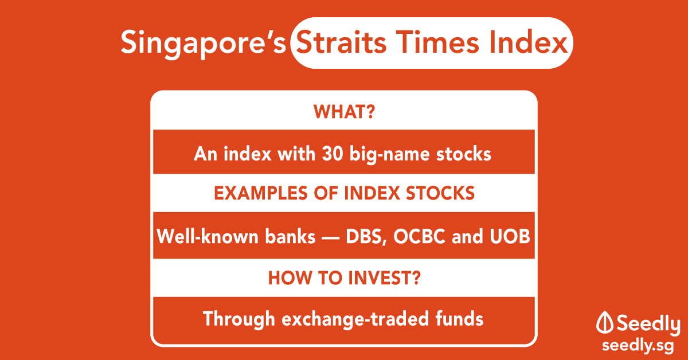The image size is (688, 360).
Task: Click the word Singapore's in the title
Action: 203,43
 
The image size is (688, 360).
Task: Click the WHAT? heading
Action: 345,112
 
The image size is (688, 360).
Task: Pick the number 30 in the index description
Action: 333,153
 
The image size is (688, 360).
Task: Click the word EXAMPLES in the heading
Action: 260,193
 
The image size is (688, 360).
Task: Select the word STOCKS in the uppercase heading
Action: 440,193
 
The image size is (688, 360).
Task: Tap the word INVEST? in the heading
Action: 384,278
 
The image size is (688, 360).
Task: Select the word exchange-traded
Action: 355,319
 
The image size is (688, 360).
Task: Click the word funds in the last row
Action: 459,318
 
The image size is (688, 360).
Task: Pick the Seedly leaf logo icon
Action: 605,322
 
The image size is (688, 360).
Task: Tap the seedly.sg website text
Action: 638,346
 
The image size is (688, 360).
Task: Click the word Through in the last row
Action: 239,319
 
